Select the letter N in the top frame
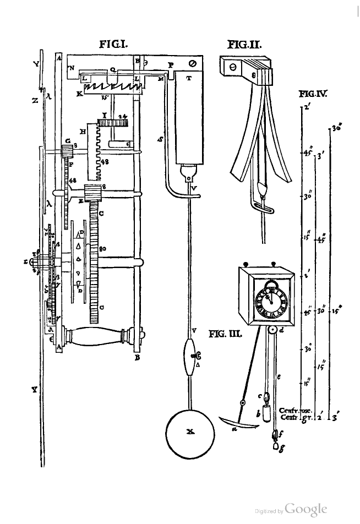(x=71, y=68)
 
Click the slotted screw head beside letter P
(x=192, y=64)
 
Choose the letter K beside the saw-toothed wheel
(x=79, y=94)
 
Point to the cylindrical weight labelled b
(x=265, y=411)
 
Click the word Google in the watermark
(x=307, y=509)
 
